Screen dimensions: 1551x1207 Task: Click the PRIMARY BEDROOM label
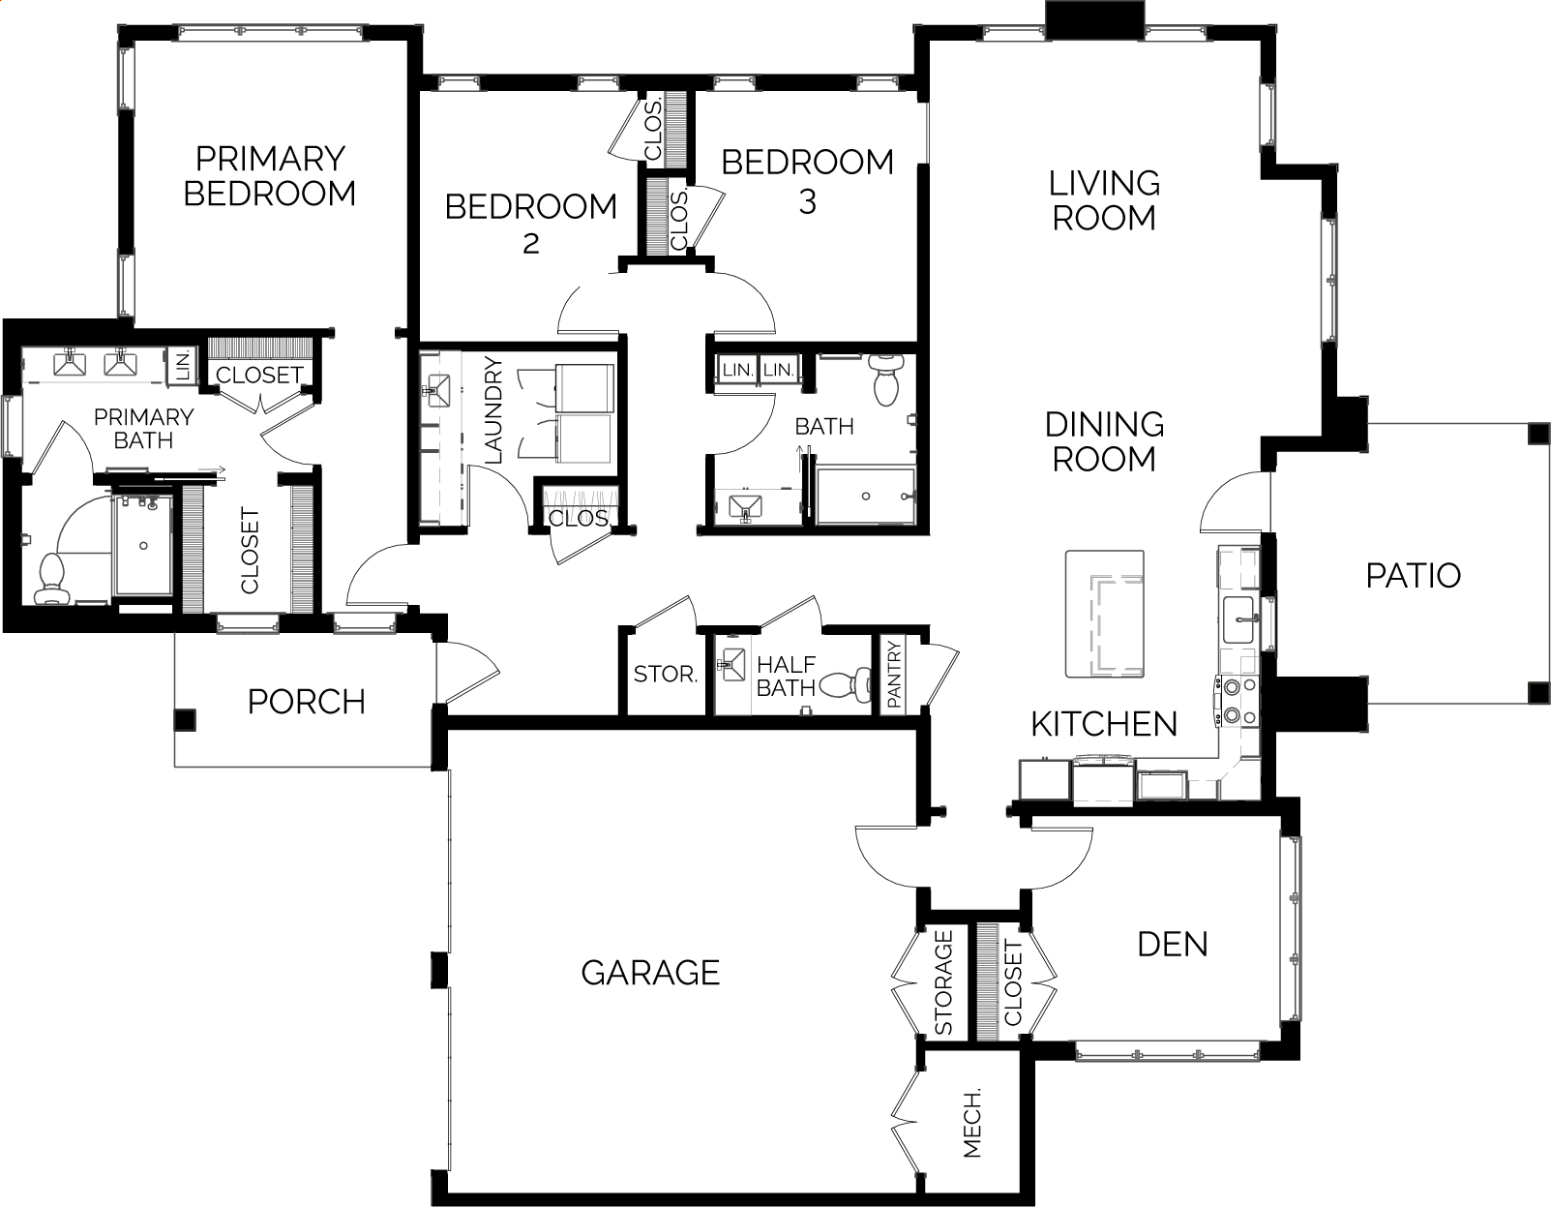(x=270, y=176)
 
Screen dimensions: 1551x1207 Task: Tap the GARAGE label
(x=650, y=973)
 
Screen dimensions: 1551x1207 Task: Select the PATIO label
(x=1414, y=576)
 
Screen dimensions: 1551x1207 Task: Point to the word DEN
(x=1173, y=945)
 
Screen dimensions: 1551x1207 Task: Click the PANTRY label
(x=894, y=675)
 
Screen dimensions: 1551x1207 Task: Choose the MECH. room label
(x=972, y=1123)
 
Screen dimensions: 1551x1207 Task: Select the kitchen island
(x=1105, y=614)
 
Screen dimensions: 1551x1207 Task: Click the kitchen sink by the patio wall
(x=1239, y=620)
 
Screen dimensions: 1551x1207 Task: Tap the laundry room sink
(x=436, y=390)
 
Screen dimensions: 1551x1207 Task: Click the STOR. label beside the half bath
(x=666, y=674)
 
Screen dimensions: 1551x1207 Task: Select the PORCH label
(x=306, y=703)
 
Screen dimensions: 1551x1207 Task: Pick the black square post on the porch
(x=185, y=720)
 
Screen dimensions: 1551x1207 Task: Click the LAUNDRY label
(x=493, y=411)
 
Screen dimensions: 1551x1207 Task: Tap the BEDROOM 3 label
(x=807, y=182)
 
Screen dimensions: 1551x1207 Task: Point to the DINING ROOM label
(x=1104, y=441)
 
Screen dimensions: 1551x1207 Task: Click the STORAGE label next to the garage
(x=943, y=982)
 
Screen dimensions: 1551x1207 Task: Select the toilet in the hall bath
(x=885, y=379)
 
